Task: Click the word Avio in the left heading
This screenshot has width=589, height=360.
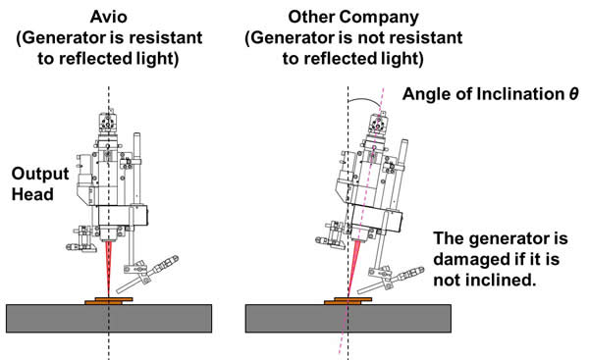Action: (x=109, y=17)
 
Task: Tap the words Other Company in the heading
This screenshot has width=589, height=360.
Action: (x=353, y=18)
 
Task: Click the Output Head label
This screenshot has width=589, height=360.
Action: (x=40, y=184)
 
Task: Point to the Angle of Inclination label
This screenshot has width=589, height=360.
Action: (x=483, y=94)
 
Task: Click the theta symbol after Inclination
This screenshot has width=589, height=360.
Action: (x=573, y=93)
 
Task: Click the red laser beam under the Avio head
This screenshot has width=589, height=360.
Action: (x=109, y=269)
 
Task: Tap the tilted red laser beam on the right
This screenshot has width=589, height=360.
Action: (x=353, y=269)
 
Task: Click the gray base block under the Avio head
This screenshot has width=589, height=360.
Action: (x=109, y=319)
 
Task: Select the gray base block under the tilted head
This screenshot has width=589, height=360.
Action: (x=348, y=319)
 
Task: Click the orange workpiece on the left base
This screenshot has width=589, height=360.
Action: (x=109, y=301)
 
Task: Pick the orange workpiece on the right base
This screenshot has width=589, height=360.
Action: (x=348, y=301)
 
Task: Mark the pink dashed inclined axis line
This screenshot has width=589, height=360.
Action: (x=361, y=221)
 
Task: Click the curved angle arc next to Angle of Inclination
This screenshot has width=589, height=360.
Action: (x=364, y=99)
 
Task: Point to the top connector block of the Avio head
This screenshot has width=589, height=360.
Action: (x=108, y=123)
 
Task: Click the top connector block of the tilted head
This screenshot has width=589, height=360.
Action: (x=378, y=123)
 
